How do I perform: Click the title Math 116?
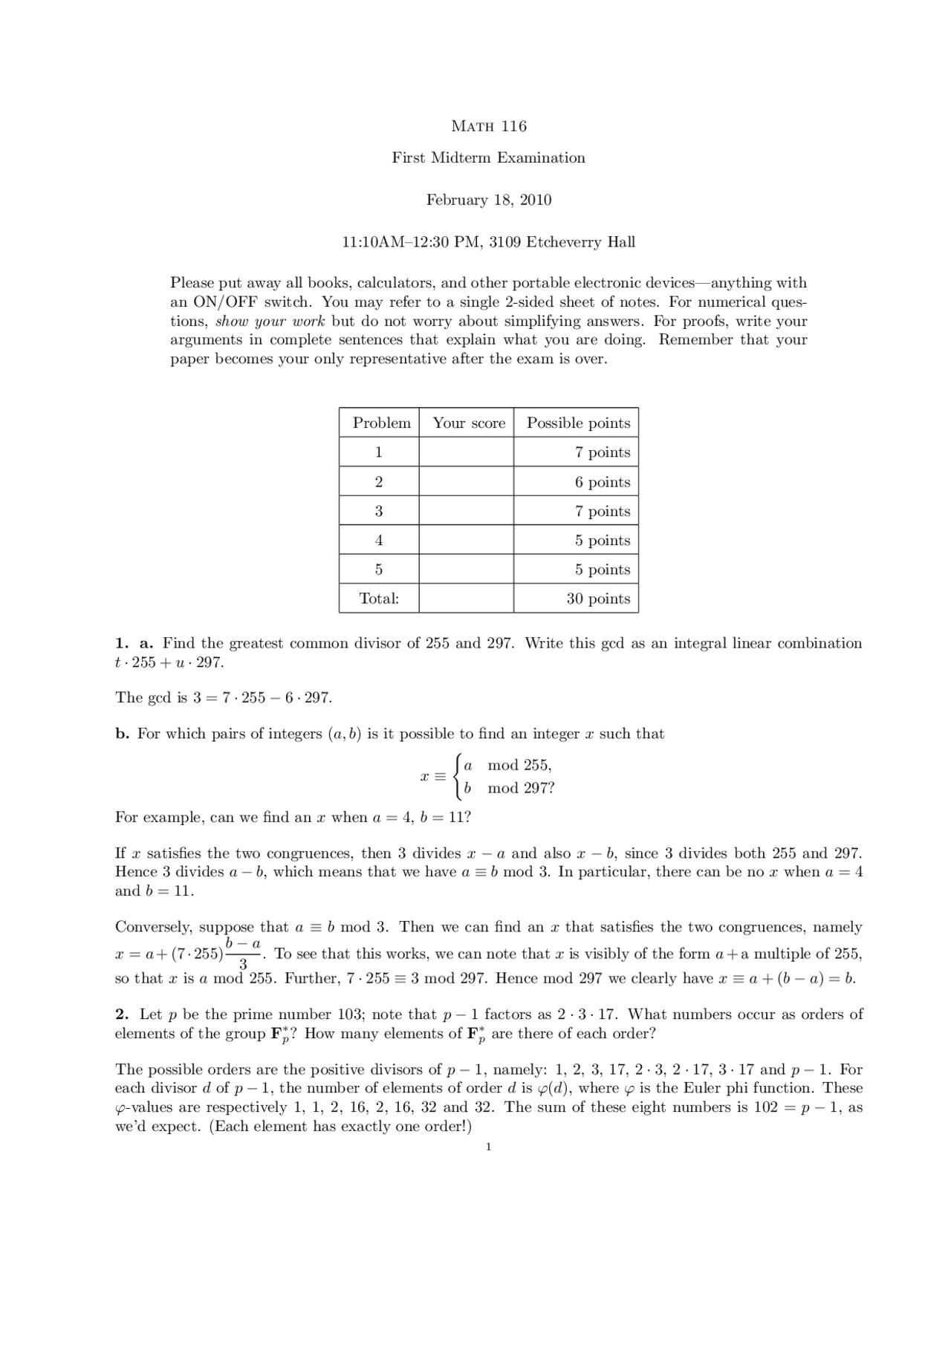488,126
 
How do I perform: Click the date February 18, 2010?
488,200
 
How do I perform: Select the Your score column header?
468,423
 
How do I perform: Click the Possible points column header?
578,423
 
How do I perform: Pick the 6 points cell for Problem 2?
602,482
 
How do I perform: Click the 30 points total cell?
597,599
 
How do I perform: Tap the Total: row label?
379,599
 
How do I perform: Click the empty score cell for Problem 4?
466,541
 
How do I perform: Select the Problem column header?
381,423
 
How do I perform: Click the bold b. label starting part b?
123,734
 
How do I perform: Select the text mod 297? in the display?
521,789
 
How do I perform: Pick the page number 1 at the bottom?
488,1147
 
